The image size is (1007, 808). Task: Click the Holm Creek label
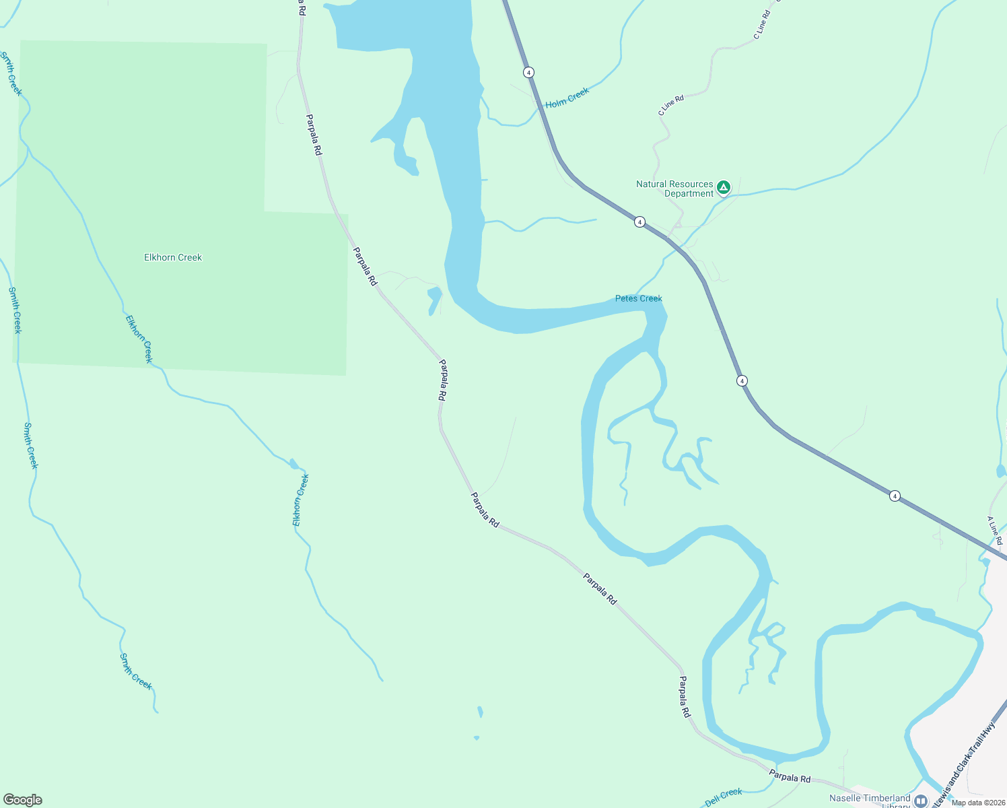[567, 98]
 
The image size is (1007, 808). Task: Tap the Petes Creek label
[638, 298]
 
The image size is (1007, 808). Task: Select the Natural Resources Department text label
[674, 189]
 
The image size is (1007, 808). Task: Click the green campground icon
[724, 188]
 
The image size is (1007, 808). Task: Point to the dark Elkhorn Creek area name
[173, 257]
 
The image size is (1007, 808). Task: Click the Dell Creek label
[723, 797]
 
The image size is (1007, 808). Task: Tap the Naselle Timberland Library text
[870, 799]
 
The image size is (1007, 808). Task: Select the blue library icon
[921, 801]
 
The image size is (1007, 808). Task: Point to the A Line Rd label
[995, 531]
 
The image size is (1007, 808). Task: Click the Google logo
[22, 800]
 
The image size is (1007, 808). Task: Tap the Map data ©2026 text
[978, 803]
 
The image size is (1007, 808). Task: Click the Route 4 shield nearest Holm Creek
[529, 72]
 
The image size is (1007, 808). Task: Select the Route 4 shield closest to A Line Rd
[895, 496]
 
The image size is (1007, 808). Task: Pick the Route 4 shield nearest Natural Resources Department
[639, 222]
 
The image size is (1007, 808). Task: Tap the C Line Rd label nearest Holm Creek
[670, 105]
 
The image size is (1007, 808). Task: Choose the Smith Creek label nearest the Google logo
[135, 671]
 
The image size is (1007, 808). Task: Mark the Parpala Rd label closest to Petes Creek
[442, 380]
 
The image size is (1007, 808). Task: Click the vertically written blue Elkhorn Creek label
[300, 500]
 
